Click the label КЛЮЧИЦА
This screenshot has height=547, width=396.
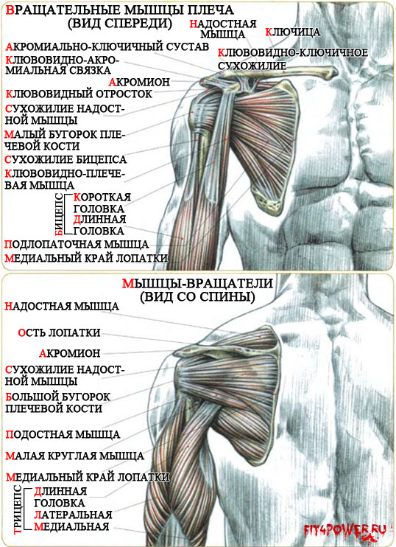(293, 32)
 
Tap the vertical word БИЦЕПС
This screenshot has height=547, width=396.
(60, 214)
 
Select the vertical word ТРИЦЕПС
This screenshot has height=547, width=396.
(18, 509)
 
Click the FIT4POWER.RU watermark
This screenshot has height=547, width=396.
(344, 530)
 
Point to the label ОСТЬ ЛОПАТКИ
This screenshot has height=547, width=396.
(59, 332)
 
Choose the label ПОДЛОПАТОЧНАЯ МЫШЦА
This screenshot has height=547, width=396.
(77, 244)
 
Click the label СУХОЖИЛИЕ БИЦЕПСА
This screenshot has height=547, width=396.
(66, 160)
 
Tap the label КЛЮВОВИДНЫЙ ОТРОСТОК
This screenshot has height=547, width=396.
(79, 94)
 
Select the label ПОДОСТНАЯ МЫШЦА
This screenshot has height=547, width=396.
(63, 435)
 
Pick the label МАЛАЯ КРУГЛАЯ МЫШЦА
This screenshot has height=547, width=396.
(75, 456)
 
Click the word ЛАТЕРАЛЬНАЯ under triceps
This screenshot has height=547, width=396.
(73, 515)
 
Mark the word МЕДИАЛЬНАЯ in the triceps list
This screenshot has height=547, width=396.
(71, 526)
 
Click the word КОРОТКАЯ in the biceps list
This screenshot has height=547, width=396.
(102, 197)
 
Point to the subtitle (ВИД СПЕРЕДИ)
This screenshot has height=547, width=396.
(120, 23)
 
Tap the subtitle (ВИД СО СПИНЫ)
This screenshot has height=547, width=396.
(197, 297)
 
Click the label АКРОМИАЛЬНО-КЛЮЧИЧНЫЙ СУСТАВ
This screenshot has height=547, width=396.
(107, 46)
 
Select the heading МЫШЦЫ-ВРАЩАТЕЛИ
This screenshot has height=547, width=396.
(197, 283)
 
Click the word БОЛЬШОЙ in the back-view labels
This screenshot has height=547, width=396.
(32, 397)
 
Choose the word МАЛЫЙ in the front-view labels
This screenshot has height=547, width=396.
(25, 134)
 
